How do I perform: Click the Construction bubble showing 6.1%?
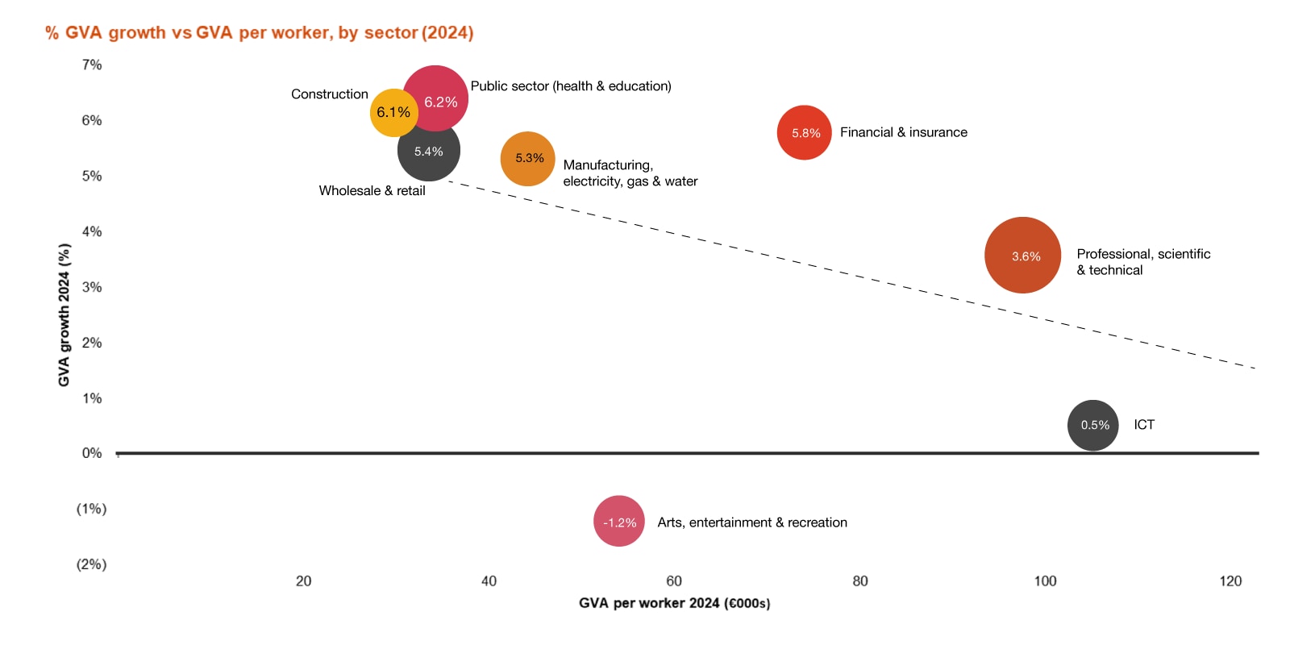tap(393, 113)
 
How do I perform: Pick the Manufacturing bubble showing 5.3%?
tap(528, 159)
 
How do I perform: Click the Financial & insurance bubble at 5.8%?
tap(804, 132)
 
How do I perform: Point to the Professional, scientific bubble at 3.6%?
tap(1023, 256)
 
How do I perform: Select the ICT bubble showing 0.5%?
tap(1092, 425)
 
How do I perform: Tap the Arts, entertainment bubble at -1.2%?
tap(618, 522)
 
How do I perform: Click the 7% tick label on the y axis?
tap(92, 64)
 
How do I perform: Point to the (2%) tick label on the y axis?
tap(91, 564)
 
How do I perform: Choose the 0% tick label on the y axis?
tap(92, 453)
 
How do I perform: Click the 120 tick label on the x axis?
tap(1230, 580)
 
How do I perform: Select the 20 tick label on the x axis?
tap(303, 580)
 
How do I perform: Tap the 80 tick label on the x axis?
tap(860, 580)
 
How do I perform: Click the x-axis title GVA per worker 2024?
tap(674, 603)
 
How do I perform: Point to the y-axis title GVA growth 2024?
tap(64, 315)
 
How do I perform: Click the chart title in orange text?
tap(259, 33)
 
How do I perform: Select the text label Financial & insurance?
tap(903, 132)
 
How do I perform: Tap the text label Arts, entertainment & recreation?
tap(751, 522)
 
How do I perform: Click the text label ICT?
tap(1143, 425)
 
